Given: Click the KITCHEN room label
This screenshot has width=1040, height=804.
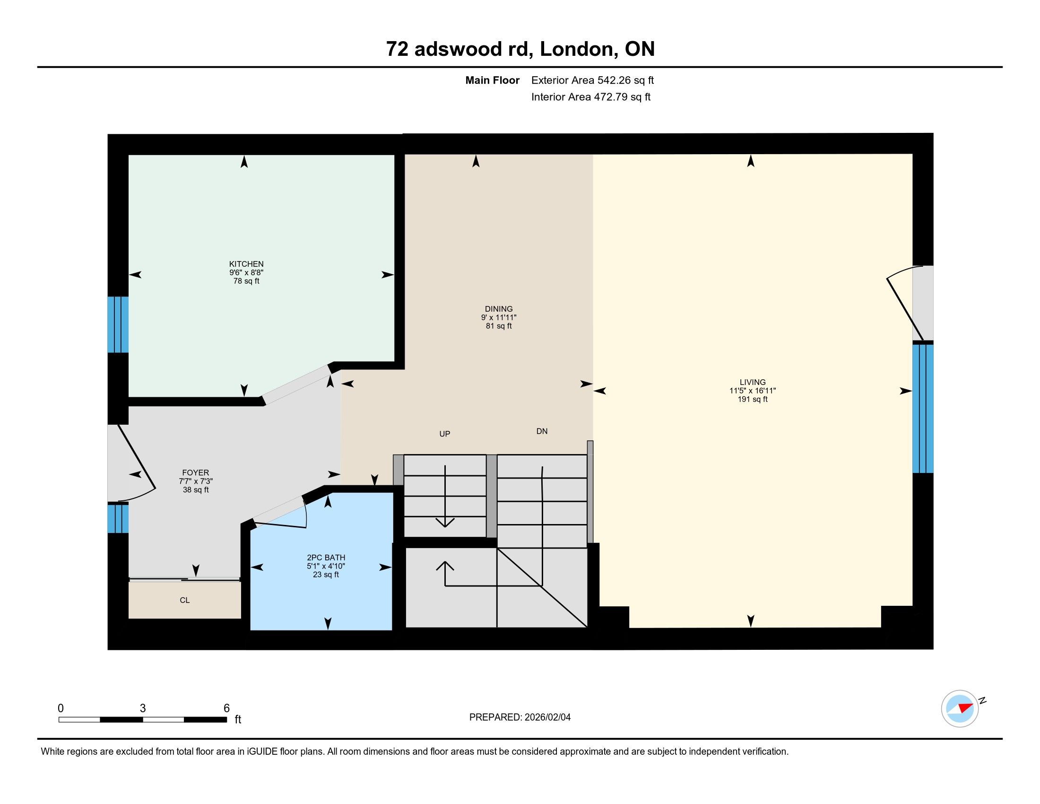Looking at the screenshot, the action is click(246, 264).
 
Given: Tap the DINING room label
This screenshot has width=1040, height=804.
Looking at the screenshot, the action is click(499, 309).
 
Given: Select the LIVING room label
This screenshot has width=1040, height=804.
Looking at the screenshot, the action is click(753, 382).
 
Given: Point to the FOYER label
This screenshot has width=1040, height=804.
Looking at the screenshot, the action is click(195, 473).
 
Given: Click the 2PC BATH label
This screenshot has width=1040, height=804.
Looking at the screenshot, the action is click(326, 557).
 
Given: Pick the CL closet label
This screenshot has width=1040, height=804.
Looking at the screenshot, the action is click(185, 600).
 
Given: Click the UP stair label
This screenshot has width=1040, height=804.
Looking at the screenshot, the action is click(444, 434).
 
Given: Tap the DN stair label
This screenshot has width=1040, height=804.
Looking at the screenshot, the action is click(542, 431).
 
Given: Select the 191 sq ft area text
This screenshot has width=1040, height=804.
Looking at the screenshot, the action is click(753, 399).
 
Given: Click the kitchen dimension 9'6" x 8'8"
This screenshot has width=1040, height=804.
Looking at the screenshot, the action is click(246, 272).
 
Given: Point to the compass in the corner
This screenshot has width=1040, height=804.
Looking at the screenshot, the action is click(960, 708).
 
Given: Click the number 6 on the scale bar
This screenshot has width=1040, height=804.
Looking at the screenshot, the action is click(226, 708).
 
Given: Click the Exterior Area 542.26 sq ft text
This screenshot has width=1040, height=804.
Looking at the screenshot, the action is click(592, 80).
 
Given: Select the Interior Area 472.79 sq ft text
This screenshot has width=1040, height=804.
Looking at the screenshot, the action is click(590, 96).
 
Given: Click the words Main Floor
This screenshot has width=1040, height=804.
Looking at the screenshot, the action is click(493, 80).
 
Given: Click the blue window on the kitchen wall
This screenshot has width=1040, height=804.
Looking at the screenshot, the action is click(118, 324).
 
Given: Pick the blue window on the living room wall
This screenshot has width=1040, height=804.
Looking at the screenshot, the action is click(923, 409).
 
